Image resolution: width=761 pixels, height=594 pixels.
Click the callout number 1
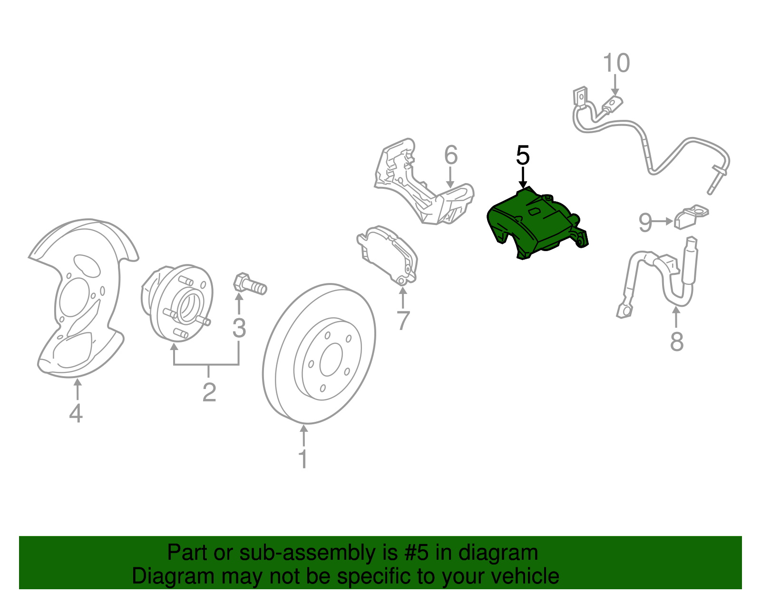pos(303,459)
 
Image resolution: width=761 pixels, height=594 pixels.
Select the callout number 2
pos(209,392)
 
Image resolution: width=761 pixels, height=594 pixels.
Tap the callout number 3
pos(239,328)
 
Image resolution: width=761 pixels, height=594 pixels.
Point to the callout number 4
pos(76,413)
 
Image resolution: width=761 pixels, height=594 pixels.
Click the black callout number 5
pos(523,156)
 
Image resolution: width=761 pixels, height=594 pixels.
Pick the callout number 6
pos(451,155)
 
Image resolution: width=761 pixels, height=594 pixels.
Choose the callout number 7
pos(403,321)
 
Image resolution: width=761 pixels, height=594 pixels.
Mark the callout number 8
pos(676,341)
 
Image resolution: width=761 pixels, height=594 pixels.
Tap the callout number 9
pos(645,222)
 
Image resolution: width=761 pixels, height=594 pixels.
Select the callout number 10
pos(616,63)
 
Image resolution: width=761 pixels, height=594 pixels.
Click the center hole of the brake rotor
pos(331,360)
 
